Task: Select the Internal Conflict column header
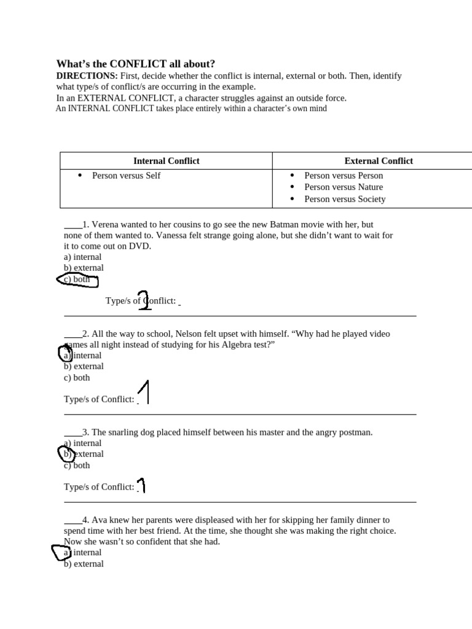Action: coord(167,161)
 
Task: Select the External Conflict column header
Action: coord(379,161)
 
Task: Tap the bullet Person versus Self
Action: coord(126,176)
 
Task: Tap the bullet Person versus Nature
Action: coord(344,187)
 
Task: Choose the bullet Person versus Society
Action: coord(345,199)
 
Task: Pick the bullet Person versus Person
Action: coord(344,176)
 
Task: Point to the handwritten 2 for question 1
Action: coord(144,300)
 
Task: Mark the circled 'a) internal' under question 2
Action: coord(82,355)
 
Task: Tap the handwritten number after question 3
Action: coord(141,485)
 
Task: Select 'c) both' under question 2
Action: coord(77,378)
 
